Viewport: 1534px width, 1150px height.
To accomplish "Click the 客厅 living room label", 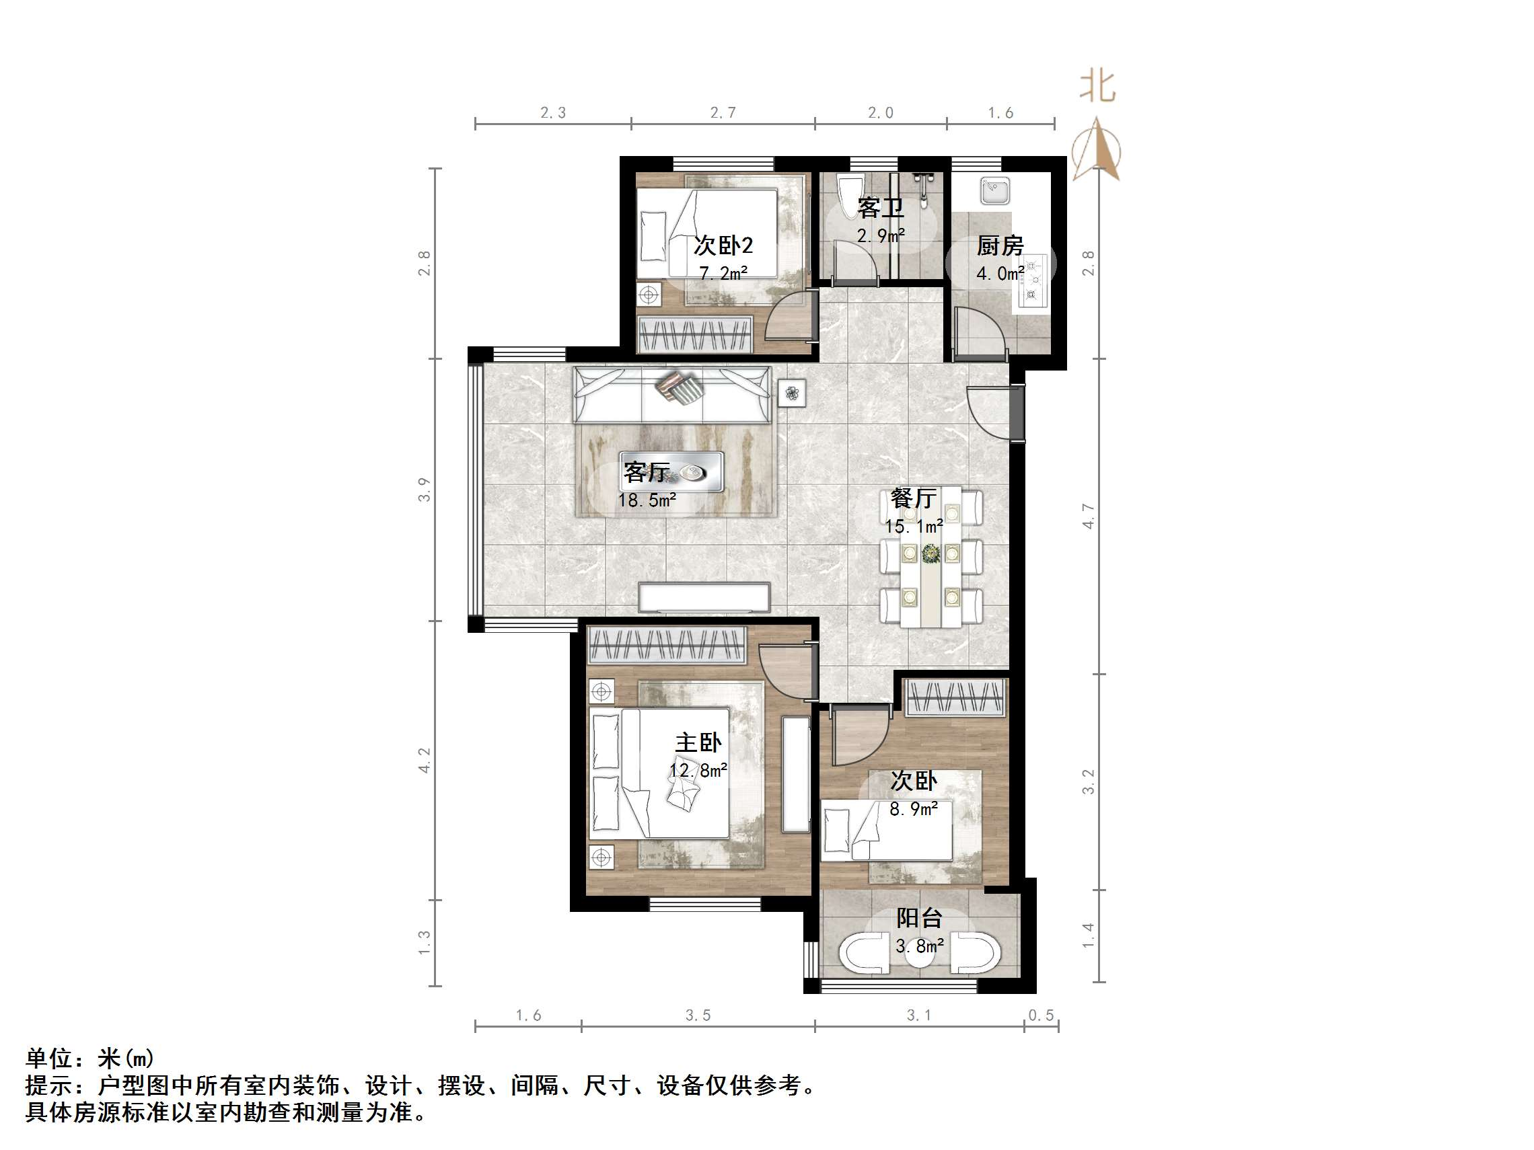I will (x=647, y=472).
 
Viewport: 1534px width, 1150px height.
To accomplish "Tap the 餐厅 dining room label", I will (x=912, y=498).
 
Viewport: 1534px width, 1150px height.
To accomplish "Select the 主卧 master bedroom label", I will (x=698, y=743).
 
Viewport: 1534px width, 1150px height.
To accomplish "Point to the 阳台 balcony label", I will (x=919, y=918).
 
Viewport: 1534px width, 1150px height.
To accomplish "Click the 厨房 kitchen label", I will (x=999, y=245).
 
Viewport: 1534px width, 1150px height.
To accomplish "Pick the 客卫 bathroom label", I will (x=880, y=207).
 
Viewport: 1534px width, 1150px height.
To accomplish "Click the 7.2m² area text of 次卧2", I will (x=723, y=273).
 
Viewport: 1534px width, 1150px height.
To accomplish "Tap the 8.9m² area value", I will (x=913, y=808).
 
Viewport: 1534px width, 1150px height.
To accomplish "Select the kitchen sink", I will (x=995, y=190).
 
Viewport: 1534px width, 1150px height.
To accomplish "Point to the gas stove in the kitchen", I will (x=1034, y=280).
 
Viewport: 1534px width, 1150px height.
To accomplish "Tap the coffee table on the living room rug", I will (x=671, y=473).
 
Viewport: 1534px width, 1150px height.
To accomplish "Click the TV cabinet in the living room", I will (x=704, y=597).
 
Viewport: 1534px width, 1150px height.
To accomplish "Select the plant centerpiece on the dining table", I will (x=930, y=553).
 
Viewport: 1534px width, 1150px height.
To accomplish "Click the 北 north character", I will (x=1097, y=86).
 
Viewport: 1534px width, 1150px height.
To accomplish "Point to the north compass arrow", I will (x=1097, y=149).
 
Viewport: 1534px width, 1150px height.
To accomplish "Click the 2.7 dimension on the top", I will (x=723, y=112).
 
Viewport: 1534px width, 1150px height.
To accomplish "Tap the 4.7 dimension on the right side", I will (x=1088, y=516).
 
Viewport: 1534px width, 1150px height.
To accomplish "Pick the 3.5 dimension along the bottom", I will (x=698, y=1015).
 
